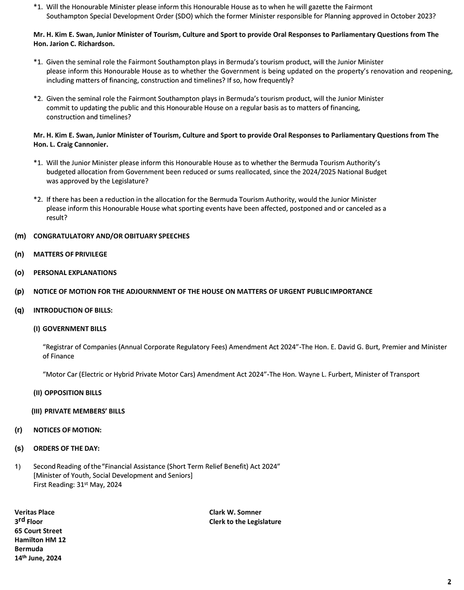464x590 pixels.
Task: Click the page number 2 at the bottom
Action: (x=449, y=582)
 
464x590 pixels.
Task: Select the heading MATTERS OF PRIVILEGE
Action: (x=70, y=254)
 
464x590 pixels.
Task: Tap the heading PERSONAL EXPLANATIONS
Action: (x=75, y=273)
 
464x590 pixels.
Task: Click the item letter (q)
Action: (x=19, y=310)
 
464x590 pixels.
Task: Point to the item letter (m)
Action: (x=20, y=236)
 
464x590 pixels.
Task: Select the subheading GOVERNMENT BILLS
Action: (x=74, y=329)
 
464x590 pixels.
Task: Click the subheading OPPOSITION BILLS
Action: (x=73, y=393)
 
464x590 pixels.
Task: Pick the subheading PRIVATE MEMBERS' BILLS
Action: (x=84, y=411)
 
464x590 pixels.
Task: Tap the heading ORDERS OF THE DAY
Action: (x=66, y=449)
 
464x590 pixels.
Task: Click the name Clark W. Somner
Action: (x=235, y=513)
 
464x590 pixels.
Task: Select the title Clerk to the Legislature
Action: (x=245, y=522)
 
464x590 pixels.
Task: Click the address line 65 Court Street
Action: (x=38, y=531)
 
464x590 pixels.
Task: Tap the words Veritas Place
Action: (x=34, y=513)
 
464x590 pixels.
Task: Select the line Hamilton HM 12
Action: (x=40, y=540)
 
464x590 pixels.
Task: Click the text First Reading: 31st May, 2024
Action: (x=77, y=485)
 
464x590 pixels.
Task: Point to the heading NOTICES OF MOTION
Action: (x=67, y=430)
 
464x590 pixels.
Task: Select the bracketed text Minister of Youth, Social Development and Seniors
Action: (x=113, y=475)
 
